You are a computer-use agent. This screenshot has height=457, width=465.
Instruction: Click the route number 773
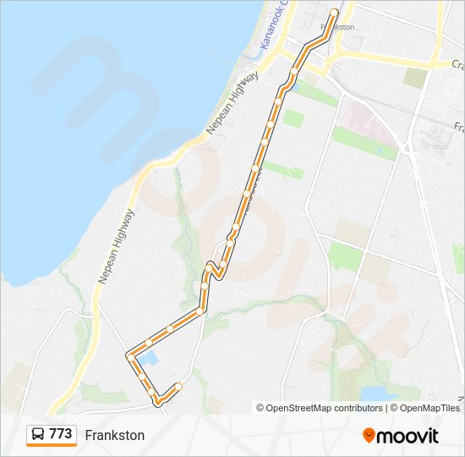click(x=60, y=434)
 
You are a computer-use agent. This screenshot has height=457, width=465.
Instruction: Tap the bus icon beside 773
click(x=38, y=435)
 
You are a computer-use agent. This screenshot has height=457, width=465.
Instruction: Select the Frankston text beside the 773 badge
click(x=114, y=435)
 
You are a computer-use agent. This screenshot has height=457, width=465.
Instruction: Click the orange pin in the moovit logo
click(x=369, y=436)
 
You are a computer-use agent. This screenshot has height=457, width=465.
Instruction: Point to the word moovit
click(x=408, y=436)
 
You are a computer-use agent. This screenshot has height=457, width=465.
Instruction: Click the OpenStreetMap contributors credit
click(x=324, y=408)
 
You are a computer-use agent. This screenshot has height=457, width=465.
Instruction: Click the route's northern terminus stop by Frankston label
click(x=334, y=13)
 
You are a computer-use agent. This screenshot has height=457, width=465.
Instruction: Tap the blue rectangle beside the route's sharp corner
click(x=147, y=359)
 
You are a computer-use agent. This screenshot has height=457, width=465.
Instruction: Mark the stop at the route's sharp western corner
click(x=130, y=355)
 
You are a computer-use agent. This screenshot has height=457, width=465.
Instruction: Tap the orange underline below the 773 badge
click(x=51, y=446)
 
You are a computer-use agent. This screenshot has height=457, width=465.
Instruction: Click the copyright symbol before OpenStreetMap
click(x=260, y=408)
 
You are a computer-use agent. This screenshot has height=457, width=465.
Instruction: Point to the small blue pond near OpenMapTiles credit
click(x=372, y=394)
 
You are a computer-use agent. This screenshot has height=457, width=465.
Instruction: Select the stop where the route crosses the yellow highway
click(x=294, y=70)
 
